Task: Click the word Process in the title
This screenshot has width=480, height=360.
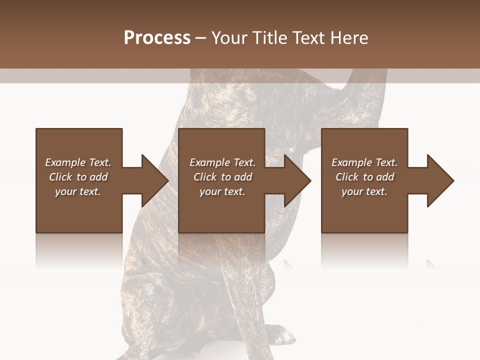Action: point(157,38)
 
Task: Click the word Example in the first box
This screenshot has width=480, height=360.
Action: point(65,162)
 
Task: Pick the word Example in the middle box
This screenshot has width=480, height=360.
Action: point(209,162)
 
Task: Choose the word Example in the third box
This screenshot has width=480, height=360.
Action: point(351,162)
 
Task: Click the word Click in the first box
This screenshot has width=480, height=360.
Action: point(60,177)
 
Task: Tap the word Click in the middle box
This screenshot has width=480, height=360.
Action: point(204,177)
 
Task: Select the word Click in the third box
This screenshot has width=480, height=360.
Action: point(346,177)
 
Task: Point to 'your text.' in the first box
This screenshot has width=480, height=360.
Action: point(78,191)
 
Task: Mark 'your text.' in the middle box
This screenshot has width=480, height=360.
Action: point(222,191)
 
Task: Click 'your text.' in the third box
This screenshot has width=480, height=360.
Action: point(364,191)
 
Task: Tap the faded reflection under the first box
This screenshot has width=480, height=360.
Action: point(79,250)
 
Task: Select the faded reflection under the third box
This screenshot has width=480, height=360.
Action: point(364,250)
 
